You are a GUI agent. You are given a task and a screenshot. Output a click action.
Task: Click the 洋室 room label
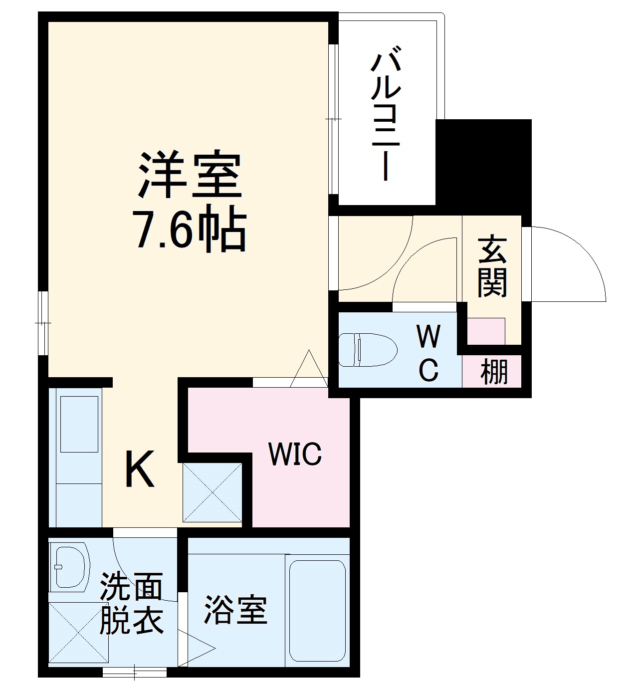[190, 174]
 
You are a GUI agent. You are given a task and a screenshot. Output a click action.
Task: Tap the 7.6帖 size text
[189, 231]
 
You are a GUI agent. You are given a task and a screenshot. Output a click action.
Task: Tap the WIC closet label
[295, 455]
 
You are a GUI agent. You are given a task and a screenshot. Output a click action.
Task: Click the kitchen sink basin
[79, 424]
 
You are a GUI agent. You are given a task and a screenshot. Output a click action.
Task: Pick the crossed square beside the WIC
[213, 492]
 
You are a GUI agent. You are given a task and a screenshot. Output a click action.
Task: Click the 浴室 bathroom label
[235, 610]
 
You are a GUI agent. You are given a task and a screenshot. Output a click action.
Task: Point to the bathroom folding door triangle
[197, 648]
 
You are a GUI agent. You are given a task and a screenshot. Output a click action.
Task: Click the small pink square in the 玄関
[486, 330]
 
